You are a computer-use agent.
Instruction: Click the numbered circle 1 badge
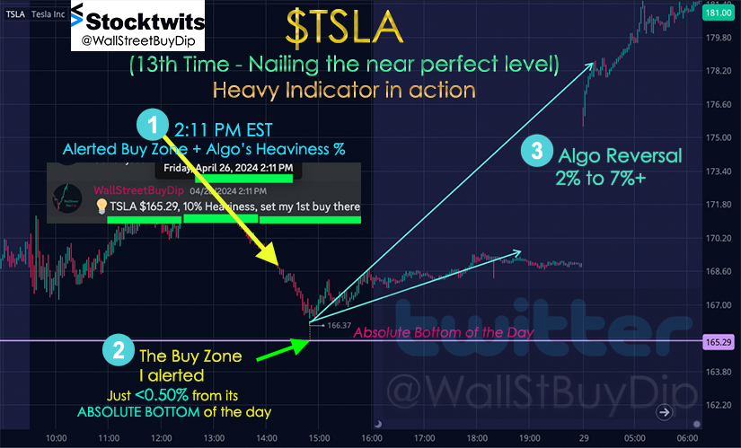[153, 125]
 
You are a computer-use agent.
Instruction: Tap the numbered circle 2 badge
[119, 350]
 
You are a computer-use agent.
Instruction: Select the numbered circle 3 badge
[537, 151]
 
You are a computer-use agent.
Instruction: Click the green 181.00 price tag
[719, 13]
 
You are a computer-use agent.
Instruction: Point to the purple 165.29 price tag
[719, 342]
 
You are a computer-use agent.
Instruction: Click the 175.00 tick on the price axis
[719, 137]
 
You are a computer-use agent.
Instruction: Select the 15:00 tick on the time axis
[319, 438]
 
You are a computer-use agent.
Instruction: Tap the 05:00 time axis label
[634, 438]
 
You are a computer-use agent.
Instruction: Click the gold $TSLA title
[345, 28]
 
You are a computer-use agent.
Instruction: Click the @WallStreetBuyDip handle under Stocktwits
[138, 41]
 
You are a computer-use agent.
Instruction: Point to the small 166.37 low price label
[339, 325]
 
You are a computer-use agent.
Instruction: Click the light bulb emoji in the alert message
[101, 206]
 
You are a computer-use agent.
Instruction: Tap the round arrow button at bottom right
[665, 412]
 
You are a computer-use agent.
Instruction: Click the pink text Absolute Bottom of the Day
[444, 332]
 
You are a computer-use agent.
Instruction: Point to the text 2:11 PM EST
[223, 130]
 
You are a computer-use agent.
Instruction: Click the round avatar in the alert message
[66, 198]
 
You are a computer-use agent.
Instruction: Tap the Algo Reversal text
[620, 155]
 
